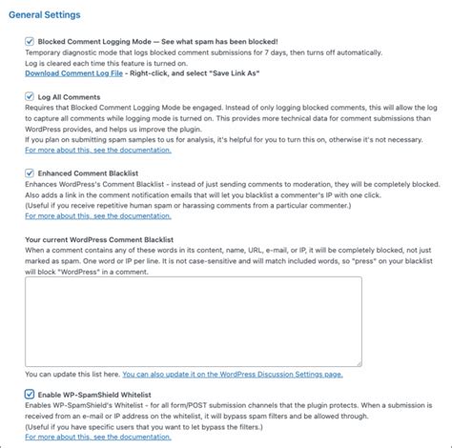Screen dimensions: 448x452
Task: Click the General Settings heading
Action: [x=44, y=15]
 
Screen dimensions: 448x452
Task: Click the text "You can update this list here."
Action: [x=72, y=375]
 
